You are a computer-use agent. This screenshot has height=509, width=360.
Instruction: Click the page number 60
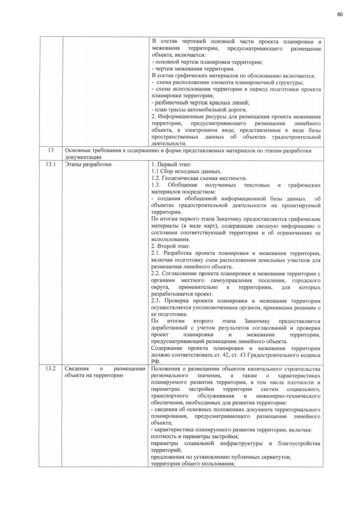[340, 13]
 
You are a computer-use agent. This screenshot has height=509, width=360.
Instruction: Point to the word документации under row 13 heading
[84, 158]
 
